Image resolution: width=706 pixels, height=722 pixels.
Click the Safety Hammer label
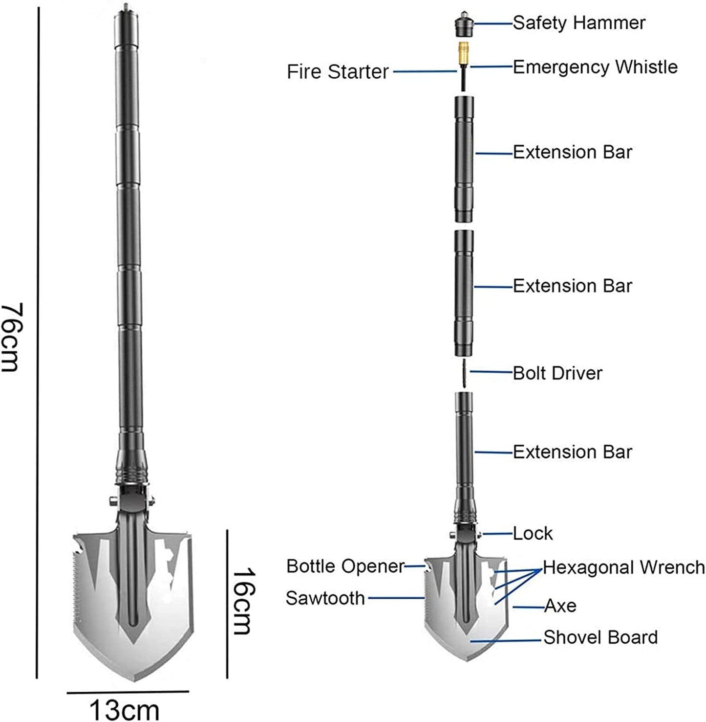tap(579, 23)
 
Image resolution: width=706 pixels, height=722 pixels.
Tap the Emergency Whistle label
tap(595, 67)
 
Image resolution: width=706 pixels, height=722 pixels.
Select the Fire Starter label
tap(338, 72)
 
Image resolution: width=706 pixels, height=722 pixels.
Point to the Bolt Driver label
tap(557, 373)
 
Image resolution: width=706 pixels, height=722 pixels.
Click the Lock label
tap(533, 533)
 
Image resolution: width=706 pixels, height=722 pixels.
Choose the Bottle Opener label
tap(345, 566)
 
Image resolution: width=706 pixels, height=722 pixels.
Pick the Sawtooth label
tap(325, 598)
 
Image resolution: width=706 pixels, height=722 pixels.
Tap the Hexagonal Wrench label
tap(624, 567)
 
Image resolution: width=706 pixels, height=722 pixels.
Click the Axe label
tap(560, 606)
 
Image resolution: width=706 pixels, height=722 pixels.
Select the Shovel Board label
tap(600, 637)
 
